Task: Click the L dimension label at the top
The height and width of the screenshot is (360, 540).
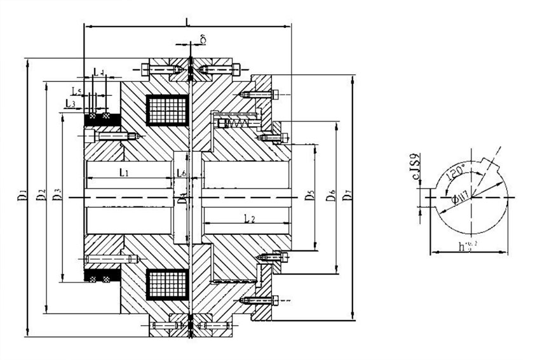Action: pos(187,22)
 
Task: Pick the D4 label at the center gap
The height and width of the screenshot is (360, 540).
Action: pos(183,197)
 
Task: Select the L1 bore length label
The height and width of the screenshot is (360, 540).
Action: pos(125,172)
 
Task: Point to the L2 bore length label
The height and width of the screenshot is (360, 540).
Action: pos(249,218)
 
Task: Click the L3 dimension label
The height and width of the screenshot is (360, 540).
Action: pos(71,103)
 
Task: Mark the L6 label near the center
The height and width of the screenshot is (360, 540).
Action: pos(182,173)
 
